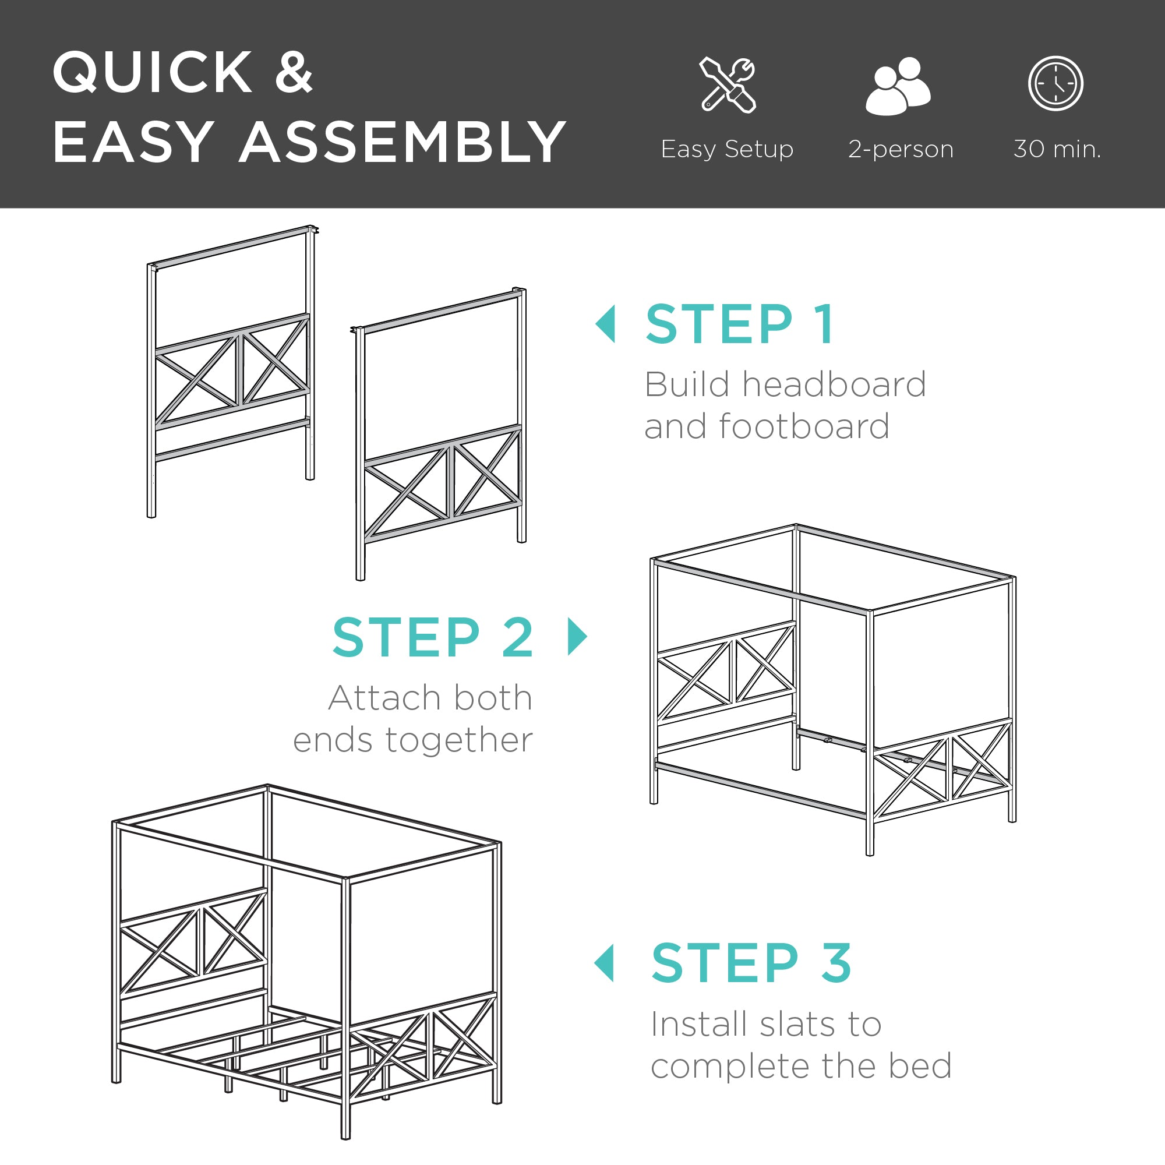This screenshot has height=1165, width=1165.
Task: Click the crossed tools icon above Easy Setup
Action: (x=728, y=85)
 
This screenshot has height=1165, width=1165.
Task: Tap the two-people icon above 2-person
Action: (x=898, y=86)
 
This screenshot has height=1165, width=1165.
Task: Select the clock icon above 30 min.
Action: (x=1055, y=84)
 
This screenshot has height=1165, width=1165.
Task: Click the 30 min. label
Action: (x=1057, y=149)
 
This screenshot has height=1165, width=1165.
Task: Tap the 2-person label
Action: (x=901, y=149)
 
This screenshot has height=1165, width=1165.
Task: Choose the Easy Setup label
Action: (x=726, y=149)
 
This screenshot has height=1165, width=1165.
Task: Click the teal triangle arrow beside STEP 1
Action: (x=606, y=324)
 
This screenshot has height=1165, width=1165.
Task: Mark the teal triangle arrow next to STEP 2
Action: (x=577, y=636)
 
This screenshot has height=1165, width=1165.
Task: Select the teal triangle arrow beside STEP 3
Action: (x=605, y=963)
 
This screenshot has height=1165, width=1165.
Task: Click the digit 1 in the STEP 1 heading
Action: (x=824, y=324)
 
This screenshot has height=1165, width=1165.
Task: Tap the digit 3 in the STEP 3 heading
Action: (x=836, y=963)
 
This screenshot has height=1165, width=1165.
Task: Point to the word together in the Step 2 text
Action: (x=459, y=741)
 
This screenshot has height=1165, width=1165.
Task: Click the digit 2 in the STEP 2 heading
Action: (x=517, y=637)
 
